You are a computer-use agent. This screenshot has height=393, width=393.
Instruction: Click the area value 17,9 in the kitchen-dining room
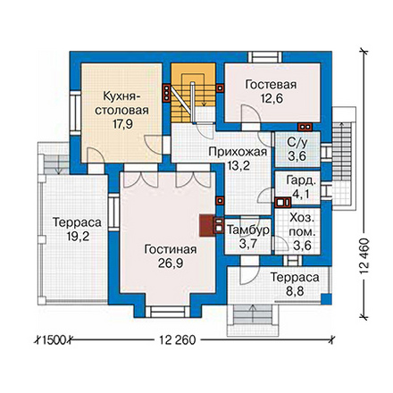(122, 124)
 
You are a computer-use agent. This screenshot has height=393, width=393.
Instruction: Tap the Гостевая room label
(271, 85)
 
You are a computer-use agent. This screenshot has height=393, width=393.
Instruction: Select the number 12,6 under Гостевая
(272, 98)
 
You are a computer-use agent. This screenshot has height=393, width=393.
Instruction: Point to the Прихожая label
(238, 152)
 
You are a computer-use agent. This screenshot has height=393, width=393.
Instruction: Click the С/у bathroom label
(297, 142)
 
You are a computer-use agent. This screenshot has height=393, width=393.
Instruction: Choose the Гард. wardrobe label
(300, 180)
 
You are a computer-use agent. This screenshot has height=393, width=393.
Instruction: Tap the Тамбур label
(248, 230)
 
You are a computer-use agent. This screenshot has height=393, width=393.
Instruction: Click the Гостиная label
(171, 249)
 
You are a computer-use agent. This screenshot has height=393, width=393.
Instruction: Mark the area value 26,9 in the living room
(171, 263)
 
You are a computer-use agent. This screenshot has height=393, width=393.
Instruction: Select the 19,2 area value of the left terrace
(78, 237)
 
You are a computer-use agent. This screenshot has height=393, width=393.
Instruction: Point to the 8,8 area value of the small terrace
(295, 291)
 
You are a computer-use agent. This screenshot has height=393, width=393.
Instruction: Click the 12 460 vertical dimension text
(364, 256)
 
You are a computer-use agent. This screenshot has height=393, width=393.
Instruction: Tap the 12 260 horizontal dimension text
(178, 339)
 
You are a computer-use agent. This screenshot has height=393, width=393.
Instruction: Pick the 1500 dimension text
(54, 339)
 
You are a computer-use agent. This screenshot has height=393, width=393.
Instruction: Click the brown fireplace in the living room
(206, 225)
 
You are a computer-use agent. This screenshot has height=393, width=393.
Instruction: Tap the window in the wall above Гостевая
(265, 57)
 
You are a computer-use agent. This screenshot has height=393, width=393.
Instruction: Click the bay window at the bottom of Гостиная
(168, 312)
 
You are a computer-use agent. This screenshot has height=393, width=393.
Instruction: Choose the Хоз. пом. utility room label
(302, 232)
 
